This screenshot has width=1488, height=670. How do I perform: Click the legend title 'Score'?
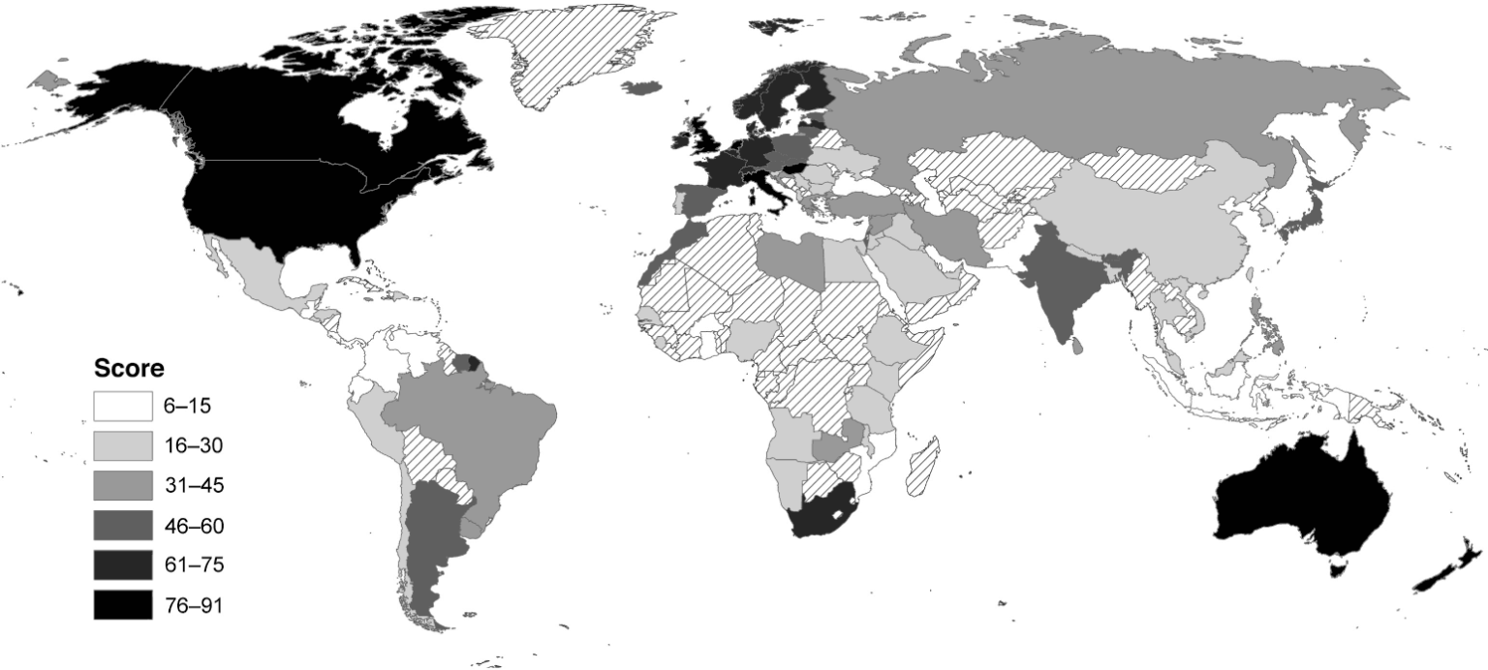point(128,369)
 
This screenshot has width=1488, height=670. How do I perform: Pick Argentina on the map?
point(431,542)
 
